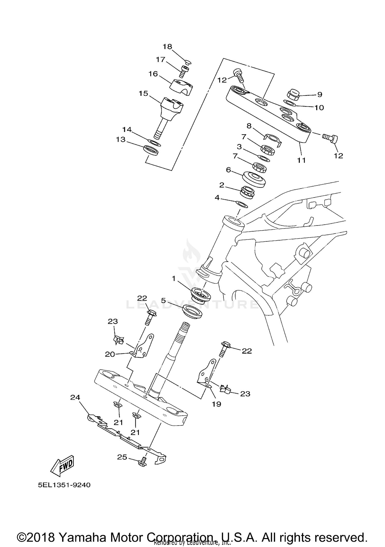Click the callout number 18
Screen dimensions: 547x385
coord(167,47)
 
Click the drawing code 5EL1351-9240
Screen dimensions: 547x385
coord(64,485)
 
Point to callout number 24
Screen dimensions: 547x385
coord(75,397)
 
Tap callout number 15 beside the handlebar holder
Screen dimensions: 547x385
coord(143,93)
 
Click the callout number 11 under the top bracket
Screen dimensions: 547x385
coord(301,160)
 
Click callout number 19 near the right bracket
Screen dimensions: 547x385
coord(216,404)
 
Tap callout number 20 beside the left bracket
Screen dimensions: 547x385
coord(110,354)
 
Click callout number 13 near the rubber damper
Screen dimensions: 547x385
coord(121,140)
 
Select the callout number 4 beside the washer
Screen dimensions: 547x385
coord(217,198)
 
